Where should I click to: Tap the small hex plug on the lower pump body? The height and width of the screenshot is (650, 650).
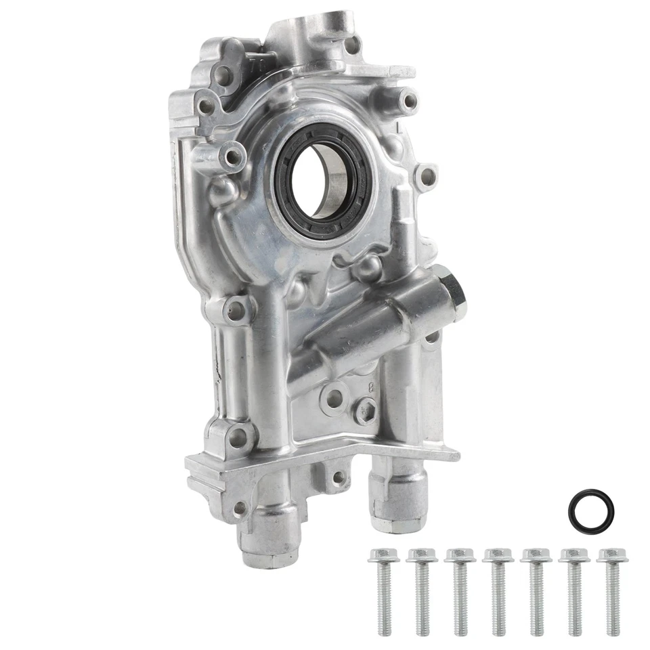pyautogui.click(x=365, y=410)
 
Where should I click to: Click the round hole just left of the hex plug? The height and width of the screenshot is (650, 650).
pyautogui.click(x=334, y=398)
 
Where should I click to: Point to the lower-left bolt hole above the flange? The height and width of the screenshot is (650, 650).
pyautogui.click(x=238, y=437)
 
